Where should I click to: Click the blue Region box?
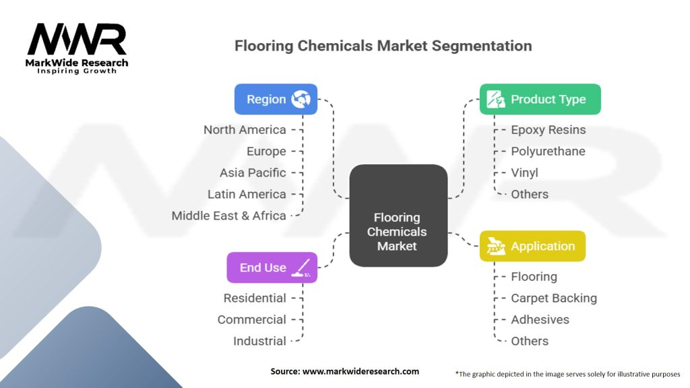276,99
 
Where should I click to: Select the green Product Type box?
540,99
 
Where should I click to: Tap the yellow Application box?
532,246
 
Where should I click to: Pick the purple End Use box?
272,267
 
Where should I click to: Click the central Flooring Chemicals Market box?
398,216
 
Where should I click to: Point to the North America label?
245,130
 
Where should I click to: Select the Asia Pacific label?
253,172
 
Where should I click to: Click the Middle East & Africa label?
229,216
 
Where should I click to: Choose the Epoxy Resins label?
548,130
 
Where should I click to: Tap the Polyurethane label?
548,152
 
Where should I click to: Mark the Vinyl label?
524,172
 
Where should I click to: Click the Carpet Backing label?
554,298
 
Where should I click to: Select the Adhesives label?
540,319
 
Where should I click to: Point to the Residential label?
255,298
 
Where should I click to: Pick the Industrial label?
259,341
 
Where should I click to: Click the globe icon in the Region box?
301,99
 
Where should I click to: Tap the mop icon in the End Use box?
301,267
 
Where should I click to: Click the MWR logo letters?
77,40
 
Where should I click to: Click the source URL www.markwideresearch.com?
361,371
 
